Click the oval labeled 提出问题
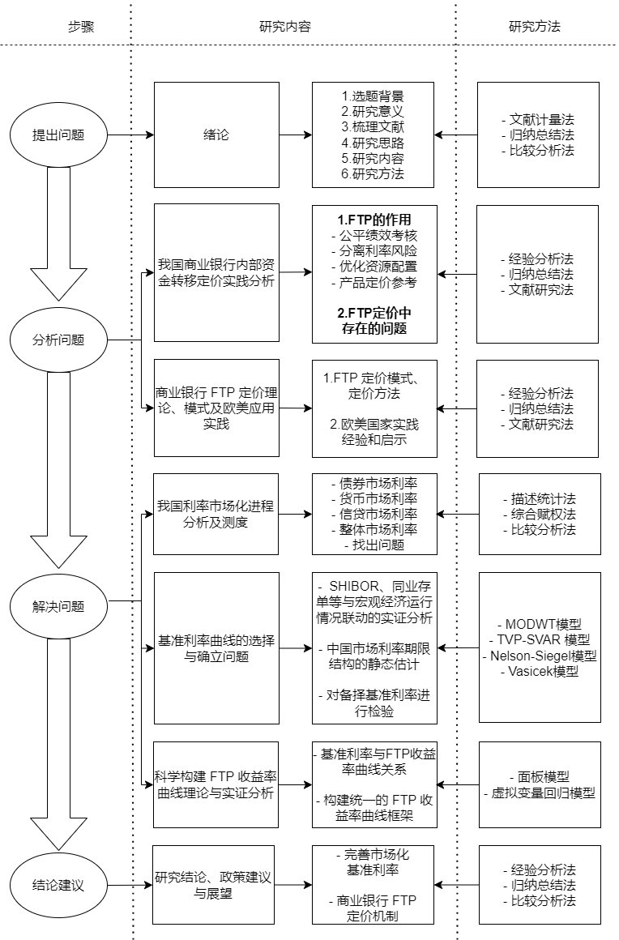click(x=58, y=135)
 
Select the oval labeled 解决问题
click(x=58, y=606)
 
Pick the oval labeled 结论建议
click(x=58, y=885)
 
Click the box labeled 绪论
click(x=216, y=135)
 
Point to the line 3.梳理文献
click(x=373, y=127)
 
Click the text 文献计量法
click(x=537, y=120)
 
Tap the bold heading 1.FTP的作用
click(x=374, y=220)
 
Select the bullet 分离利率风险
click(x=374, y=251)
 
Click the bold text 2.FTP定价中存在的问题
click(x=374, y=320)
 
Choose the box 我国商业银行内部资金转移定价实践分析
click(x=216, y=273)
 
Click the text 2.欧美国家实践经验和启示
click(x=374, y=433)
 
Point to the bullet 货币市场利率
click(x=374, y=498)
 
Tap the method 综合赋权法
click(x=539, y=515)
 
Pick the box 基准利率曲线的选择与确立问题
click(x=216, y=648)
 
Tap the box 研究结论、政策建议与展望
click(x=213, y=885)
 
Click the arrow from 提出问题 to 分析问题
click(x=58, y=235)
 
